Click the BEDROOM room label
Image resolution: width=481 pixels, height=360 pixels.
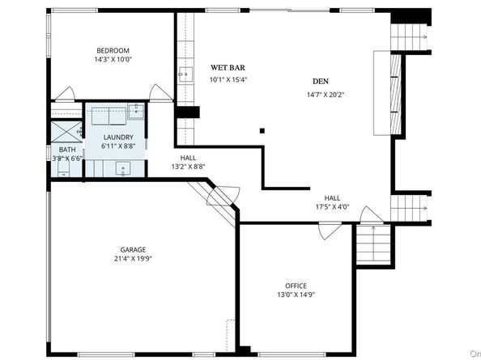(x=113, y=50)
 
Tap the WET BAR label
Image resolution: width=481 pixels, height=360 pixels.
(x=228, y=68)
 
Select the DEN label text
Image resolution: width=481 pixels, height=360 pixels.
(x=321, y=82)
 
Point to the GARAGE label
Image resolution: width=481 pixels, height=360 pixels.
(x=133, y=250)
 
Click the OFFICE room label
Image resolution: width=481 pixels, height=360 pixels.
(x=296, y=286)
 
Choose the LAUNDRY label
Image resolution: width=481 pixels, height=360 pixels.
(x=118, y=138)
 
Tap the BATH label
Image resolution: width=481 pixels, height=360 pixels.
(x=67, y=150)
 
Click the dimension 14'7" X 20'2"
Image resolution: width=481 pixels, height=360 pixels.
(x=326, y=95)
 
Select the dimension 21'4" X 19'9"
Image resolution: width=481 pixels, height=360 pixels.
(x=133, y=259)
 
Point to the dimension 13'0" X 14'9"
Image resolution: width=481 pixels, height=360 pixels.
(x=296, y=294)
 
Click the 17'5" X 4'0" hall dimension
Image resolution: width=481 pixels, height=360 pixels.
(x=333, y=207)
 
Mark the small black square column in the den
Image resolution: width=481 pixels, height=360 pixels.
(x=262, y=131)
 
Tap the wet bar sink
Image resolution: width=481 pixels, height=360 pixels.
(x=185, y=74)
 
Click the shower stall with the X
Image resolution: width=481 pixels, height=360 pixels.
(x=66, y=131)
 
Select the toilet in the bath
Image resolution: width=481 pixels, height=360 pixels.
(x=64, y=169)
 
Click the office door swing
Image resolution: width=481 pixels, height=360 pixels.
(x=330, y=231)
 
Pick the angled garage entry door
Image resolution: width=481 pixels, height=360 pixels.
(x=223, y=196)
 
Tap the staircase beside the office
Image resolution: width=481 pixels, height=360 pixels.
(x=373, y=244)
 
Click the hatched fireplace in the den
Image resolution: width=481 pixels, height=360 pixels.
(x=396, y=95)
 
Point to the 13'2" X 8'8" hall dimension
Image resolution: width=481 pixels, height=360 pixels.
(x=188, y=167)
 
